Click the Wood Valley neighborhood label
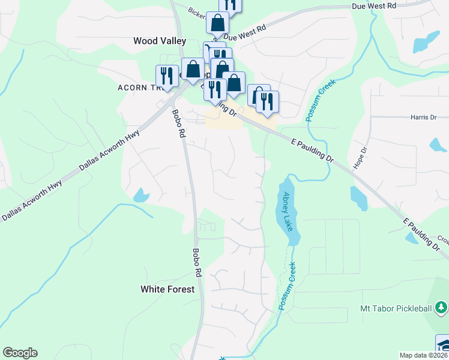coord(159,41)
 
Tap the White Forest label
coord(167,289)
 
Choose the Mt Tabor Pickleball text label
coord(396,308)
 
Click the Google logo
coord(20,353)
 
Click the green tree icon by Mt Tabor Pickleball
coord(441,308)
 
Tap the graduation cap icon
coord(443,346)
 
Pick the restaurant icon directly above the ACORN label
coord(164,75)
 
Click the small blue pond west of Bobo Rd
coord(140,195)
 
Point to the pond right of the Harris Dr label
coord(437,145)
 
